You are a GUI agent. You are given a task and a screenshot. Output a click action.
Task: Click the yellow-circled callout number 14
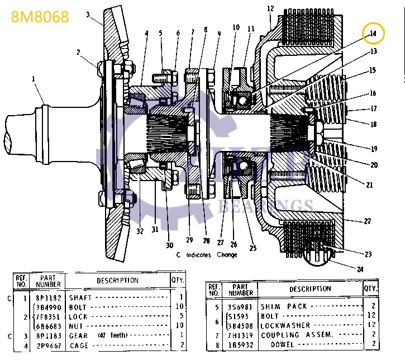373,34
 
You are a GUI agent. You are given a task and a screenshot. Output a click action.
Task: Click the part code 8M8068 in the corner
40,17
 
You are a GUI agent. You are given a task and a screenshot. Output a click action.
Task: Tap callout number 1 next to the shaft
33,79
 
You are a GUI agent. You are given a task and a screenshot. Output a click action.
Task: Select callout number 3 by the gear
88,15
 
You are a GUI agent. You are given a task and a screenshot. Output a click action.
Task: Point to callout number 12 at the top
270,8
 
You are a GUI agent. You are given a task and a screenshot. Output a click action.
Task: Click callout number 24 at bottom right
360,269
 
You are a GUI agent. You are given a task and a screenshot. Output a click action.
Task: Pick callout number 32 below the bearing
139,231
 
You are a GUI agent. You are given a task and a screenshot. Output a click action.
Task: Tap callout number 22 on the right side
367,221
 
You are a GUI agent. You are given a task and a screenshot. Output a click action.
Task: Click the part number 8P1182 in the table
49,298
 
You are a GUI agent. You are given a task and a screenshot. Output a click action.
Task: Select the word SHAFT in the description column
79,298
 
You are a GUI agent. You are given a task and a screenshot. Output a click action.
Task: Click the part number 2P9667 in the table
49,344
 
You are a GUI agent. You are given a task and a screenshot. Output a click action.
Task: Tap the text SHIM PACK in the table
282,306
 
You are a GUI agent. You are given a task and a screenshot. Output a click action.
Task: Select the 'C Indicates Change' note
207,255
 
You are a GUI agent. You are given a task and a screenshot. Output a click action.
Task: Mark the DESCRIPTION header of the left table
117,280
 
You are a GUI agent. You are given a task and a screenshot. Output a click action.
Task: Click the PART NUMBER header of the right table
241,290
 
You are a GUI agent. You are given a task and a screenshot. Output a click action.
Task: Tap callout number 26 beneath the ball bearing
234,244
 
